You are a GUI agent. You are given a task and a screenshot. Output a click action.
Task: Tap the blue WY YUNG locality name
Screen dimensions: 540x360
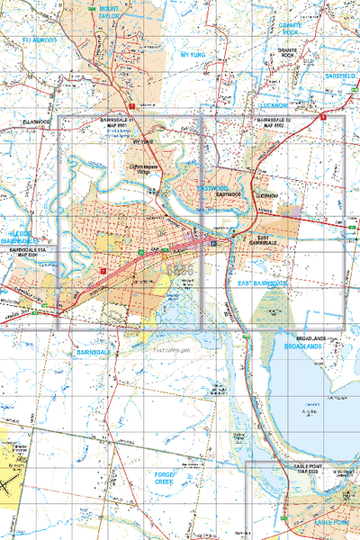click(193, 54)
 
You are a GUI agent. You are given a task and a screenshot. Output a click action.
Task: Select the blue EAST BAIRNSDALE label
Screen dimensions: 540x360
click(263, 283)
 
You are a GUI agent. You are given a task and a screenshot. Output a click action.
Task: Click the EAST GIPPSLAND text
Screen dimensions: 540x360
click(173, 349)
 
